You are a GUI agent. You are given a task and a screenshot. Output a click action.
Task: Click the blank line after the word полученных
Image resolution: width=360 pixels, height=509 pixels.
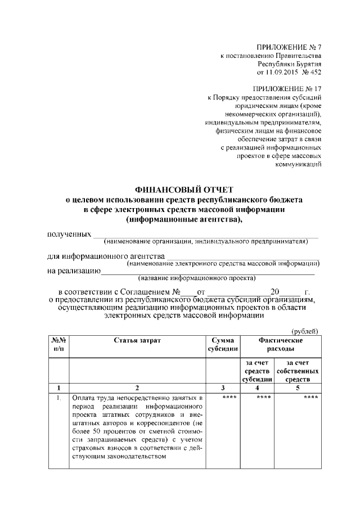coord(205,235)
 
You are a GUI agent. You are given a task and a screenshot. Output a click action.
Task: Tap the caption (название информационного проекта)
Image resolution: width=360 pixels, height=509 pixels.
coord(196,278)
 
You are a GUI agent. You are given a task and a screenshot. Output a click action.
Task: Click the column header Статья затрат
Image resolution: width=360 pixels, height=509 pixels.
coord(137,341)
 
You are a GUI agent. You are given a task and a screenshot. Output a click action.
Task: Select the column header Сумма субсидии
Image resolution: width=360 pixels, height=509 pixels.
coord(222,345)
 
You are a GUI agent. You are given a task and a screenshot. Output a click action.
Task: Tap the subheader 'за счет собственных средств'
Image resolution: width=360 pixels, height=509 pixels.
coord(302,371)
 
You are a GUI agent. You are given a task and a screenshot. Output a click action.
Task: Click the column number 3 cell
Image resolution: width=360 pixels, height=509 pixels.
coord(222,388)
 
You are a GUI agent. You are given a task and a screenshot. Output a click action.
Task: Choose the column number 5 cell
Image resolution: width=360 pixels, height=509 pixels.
coord(302,388)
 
